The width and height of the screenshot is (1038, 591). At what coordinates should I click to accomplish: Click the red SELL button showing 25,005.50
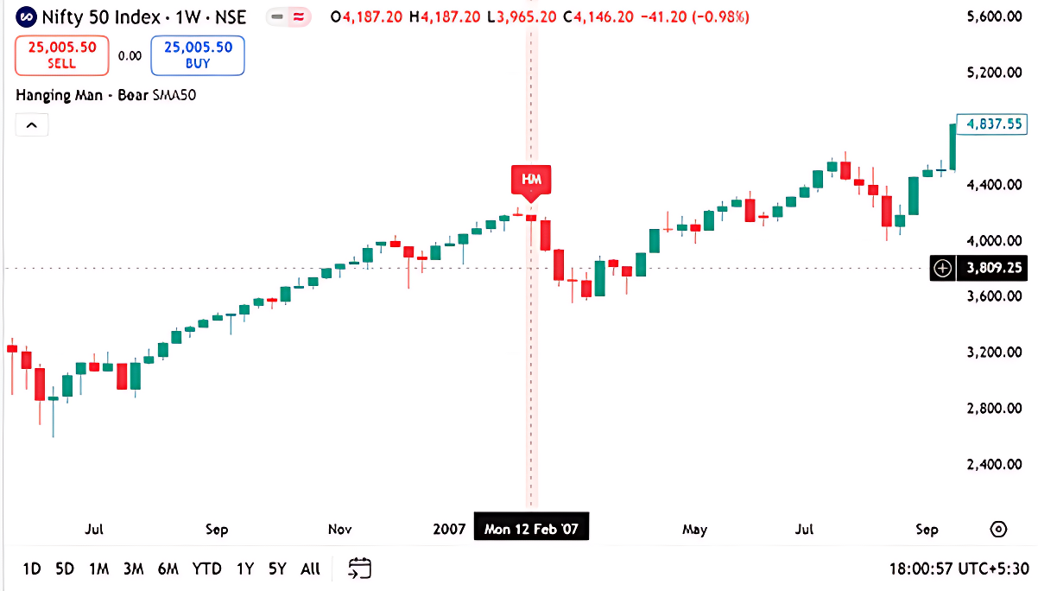click(x=61, y=55)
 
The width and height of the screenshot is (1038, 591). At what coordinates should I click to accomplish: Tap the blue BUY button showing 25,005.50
click(x=198, y=55)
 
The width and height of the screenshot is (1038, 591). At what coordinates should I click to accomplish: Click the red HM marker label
click(x=530, y=180)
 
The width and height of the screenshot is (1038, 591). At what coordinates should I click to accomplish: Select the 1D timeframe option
click(x=32, y=569)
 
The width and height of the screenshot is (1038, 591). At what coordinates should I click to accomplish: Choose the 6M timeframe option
click(x=168, y=569)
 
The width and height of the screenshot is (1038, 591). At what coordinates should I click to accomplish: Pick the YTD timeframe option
click(x=206, y=569)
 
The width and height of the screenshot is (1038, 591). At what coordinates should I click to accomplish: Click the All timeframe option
click(x=310, y=569)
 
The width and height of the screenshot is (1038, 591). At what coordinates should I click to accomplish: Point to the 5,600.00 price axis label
click(x=989, y=16)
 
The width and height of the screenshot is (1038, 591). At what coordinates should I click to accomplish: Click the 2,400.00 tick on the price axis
click(x=989, y=464)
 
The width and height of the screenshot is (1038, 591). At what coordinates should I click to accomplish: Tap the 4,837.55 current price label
click(x=993, y=124)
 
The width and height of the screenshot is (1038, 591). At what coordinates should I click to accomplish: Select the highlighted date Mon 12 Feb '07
click(x=531, y=529)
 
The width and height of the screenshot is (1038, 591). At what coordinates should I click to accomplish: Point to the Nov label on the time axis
click(x=339, y=529)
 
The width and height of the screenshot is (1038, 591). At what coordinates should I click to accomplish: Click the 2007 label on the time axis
click(x=449, y=529)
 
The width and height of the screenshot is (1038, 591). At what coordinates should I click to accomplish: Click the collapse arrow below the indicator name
click(x=32, y=125)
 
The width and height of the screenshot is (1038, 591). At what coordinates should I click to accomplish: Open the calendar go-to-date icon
click(x=359, y=569)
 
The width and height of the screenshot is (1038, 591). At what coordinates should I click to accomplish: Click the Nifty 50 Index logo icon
click(x=27, y=16)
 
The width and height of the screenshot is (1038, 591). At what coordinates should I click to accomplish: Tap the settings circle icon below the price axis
click(x=998, y=529)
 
